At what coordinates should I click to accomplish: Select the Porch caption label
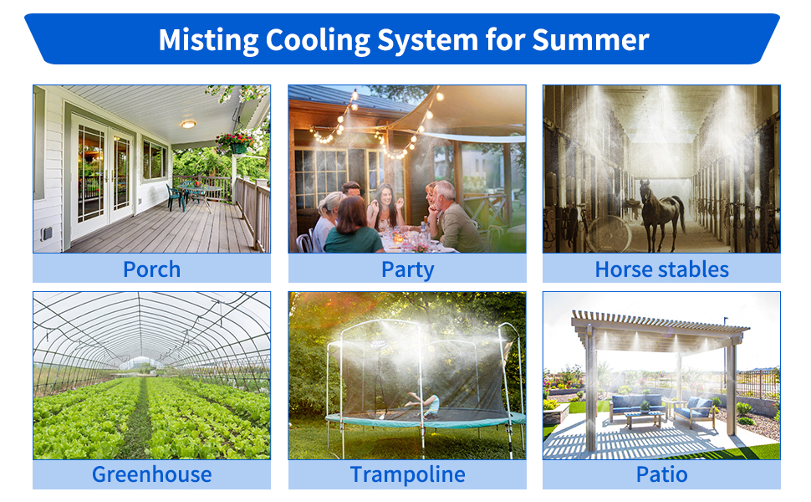(x=151, y=269)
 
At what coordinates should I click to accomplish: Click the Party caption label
(x=407, y=269)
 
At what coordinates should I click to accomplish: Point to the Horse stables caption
(x=661, y=269)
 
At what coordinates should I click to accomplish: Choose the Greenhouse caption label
(x=151, y=474)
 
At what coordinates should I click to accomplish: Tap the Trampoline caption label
(x=407, y=474)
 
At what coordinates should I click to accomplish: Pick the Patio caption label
(x=661, y=474)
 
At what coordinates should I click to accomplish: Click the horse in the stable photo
(x=661, y=213)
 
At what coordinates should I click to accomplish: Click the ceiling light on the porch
(x=188, y=124)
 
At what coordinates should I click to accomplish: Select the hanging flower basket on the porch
(x=237, y=141)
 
